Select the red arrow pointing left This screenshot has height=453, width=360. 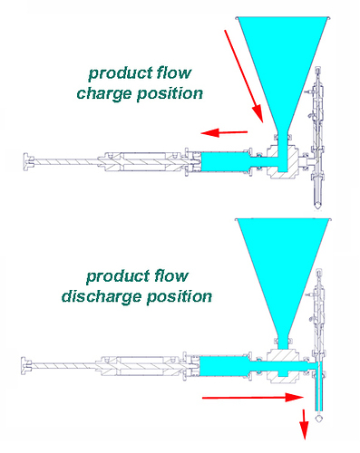pyautogui.click(x=224, y=133)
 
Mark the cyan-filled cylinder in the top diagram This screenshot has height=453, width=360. pyautogui.click(x=227, y=164)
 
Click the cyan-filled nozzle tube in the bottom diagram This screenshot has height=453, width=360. pyautogui.click(x=316, y=394)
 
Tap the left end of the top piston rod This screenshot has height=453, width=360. pyautogui.click(x=24, y=163)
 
